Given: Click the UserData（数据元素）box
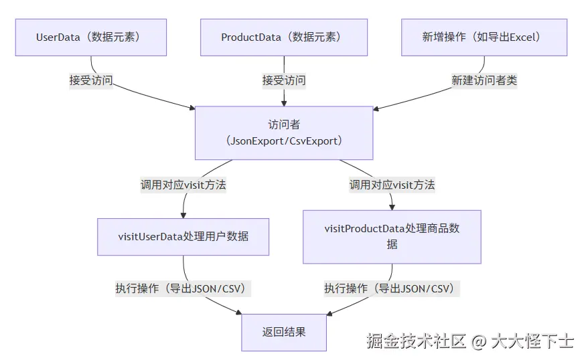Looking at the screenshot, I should tap(91, 37).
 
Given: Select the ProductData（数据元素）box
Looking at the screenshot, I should tap(284, 37).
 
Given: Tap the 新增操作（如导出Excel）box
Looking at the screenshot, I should tap(484, 37).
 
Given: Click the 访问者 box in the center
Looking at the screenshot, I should tap(284, 132).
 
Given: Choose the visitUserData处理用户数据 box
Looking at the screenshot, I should tap(183, 236).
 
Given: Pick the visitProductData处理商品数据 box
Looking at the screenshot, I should tap(392, 236).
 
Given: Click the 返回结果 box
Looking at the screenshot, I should tap(284, 332).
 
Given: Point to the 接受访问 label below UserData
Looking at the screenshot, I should tap(91, 80).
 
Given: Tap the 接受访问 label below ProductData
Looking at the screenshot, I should tap(284, 80).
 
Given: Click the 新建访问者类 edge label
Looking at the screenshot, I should tap(484, 80).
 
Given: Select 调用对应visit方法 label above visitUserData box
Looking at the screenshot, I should tap(183, 185).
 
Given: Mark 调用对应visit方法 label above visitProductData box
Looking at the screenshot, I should tap(392, 185).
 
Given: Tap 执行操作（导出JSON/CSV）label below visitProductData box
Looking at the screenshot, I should tap(392, 288).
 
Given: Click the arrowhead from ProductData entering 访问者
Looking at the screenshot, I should tap(284, 102).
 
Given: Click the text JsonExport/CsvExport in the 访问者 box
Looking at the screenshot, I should tap(284, 141).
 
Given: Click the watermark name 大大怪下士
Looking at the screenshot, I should tap(532, 341).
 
